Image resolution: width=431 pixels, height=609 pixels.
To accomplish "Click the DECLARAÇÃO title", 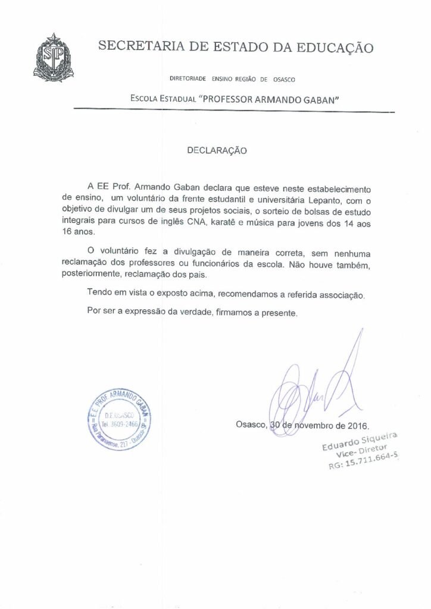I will point(216,151).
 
